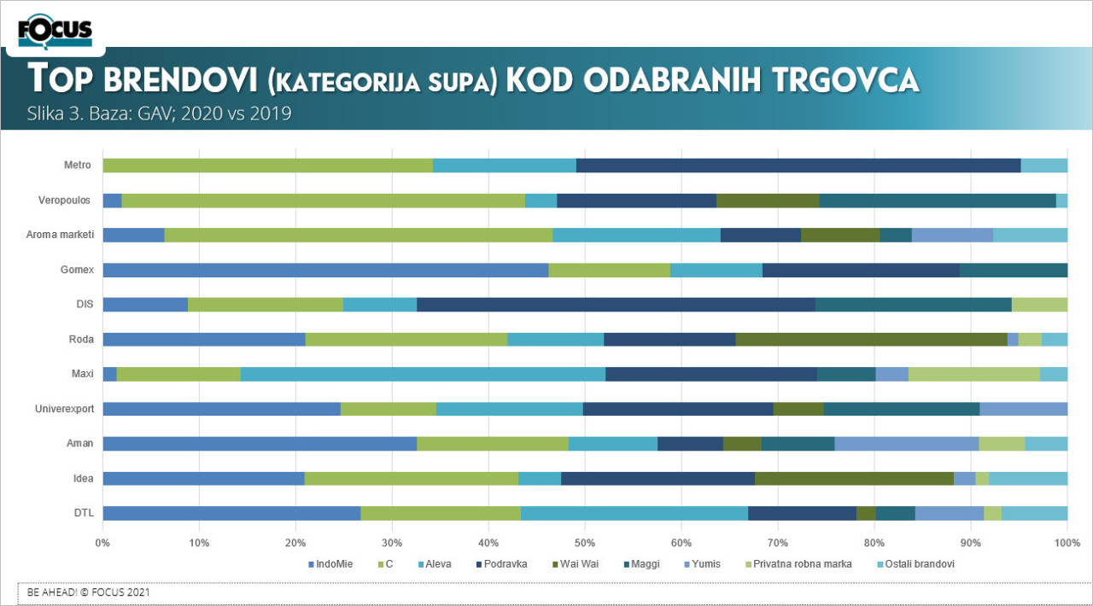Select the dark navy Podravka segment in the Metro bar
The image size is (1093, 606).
pos(798,166)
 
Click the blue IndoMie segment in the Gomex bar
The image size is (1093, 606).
pos(325,270)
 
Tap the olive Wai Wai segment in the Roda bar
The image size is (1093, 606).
pos(871,339)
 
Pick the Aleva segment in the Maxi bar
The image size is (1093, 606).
pos(423,374)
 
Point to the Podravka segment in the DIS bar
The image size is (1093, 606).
pos(616,305)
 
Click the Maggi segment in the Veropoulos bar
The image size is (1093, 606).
pos(938,201)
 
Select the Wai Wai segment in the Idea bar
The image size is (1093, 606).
pos(854,478)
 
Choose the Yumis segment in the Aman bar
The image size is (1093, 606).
pos(906,443)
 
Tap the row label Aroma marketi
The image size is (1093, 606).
pos(60,235)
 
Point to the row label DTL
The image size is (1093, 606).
pos(85,513)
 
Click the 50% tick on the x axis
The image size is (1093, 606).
pos(585,542)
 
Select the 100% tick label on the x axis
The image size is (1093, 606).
pos(1067,542)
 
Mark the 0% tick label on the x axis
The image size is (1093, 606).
pos(102,542)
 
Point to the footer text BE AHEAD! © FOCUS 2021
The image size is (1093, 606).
pos(90,591)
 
